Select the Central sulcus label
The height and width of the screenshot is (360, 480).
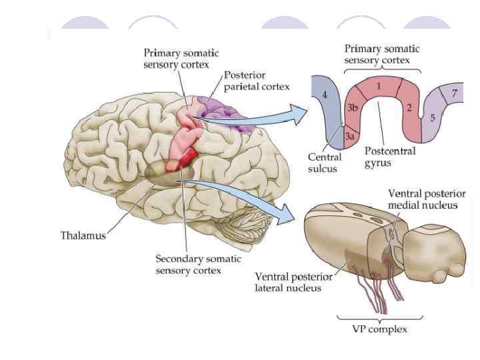coord(325,163)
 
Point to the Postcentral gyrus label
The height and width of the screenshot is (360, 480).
coord(390,157)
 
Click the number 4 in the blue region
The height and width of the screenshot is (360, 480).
coord(325,95)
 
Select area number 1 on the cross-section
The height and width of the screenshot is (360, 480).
coord(378,85)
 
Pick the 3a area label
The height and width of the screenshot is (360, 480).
coord(350,136)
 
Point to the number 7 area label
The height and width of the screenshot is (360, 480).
coord(454,93)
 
